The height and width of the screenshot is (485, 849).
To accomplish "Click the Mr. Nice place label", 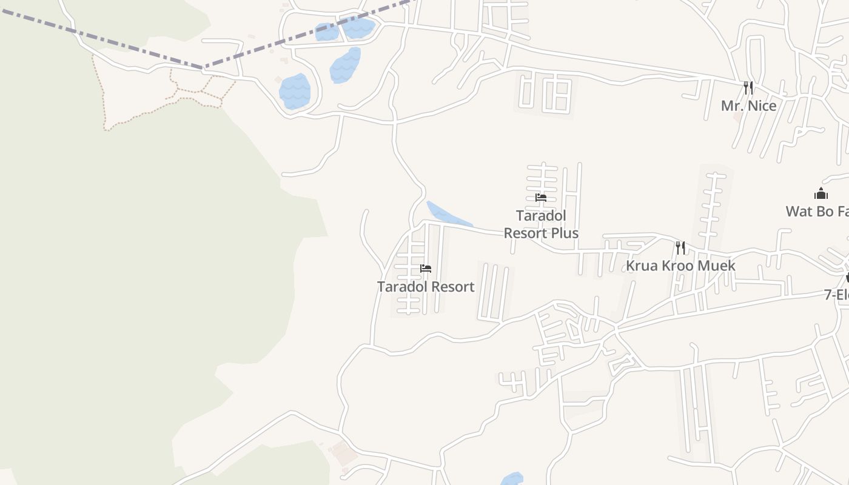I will (748, 106).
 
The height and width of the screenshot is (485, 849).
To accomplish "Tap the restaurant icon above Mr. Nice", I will (748, 88).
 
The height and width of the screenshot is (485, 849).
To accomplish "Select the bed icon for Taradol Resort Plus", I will (541, 198).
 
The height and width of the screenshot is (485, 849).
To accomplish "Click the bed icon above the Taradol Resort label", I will (426, 269).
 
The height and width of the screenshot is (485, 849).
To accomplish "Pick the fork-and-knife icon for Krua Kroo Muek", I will (680, 247).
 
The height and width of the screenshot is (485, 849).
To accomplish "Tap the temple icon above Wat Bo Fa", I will (821, 194).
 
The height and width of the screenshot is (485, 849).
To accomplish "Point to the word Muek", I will (716, 266).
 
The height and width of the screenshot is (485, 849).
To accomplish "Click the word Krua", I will (642, 266).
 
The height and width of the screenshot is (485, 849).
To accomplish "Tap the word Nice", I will (762, 106).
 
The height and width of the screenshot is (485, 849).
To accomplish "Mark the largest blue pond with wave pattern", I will (295, 92).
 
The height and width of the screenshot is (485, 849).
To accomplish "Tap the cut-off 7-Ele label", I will (836, 295).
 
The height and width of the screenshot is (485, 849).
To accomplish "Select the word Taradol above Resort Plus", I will (541, 216).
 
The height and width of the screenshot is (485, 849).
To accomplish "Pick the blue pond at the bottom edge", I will (512, 479).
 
